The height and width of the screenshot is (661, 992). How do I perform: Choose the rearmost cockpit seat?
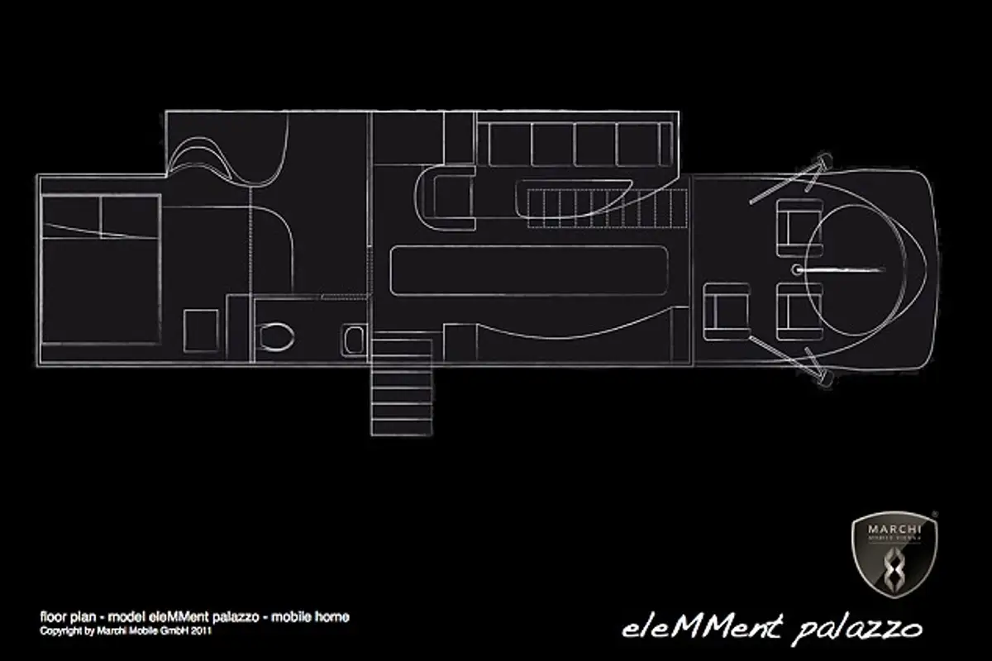click(x=727, y=311)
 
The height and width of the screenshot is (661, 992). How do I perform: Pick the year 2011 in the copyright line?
click(x=202, y=630)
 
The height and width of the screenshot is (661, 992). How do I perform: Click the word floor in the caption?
click(x=53, y=617)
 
